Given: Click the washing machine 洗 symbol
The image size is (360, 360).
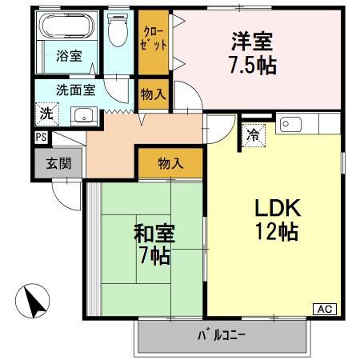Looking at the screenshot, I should tap(46, 114).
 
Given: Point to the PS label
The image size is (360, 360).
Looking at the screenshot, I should tap(40, 137).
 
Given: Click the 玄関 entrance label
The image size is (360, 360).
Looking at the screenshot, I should tap(58, 165).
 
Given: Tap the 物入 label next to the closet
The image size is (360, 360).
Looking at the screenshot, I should tap(152, 94).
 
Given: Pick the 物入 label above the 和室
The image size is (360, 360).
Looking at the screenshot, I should tap(170, 164).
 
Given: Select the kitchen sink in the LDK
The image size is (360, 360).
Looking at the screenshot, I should tap(290, 123).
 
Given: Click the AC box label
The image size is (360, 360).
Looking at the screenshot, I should tap(326, 309).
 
